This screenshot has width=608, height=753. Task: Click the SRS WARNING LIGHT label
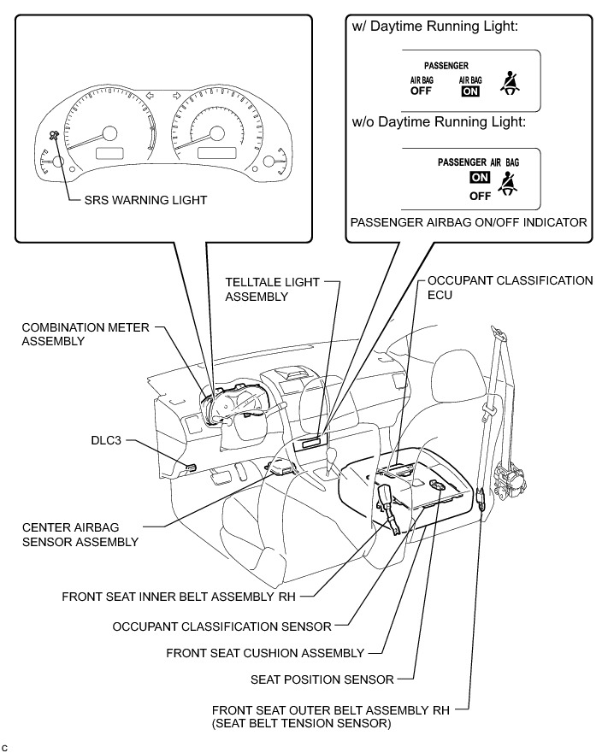tap(145, 200)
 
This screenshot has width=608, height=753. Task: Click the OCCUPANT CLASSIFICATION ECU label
tap(510, 286)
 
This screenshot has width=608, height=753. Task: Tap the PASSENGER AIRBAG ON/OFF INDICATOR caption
tap(469, 223)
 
